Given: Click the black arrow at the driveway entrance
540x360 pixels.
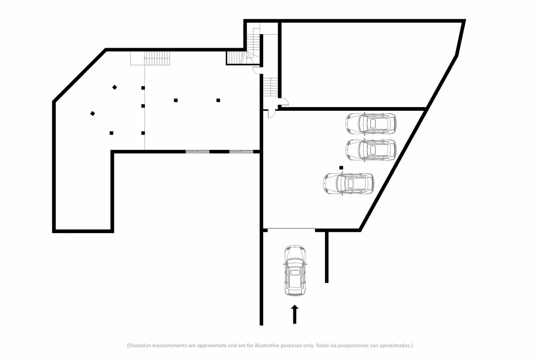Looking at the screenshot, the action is tap(295, 314).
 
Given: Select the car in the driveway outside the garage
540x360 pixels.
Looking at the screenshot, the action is tap(295, 270).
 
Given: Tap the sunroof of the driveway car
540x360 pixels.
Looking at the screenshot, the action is tap(295, 272).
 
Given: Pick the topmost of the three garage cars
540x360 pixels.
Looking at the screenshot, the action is tap(371, 124).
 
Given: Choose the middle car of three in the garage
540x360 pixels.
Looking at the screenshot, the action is tap(371, 150).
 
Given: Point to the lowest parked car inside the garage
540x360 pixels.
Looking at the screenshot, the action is tap(349, 184).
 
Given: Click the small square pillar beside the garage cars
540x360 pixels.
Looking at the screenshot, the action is tap(341, 167).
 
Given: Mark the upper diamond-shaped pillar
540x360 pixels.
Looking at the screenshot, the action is tap(115, 87).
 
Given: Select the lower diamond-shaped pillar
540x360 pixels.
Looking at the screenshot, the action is tap(93, 113).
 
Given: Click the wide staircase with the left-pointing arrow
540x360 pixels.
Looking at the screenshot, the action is tap(150, 58).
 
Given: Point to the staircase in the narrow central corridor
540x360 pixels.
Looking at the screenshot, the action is tap(270, 87).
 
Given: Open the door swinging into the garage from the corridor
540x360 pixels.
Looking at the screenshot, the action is tap(272, 114).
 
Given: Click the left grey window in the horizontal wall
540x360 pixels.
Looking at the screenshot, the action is tap(198, 152).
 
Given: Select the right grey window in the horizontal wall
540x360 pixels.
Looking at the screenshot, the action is tap(241, 152).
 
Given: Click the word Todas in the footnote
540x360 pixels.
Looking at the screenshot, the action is tap(322, 345).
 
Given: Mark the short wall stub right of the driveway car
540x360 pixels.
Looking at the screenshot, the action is tap(327, 257).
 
